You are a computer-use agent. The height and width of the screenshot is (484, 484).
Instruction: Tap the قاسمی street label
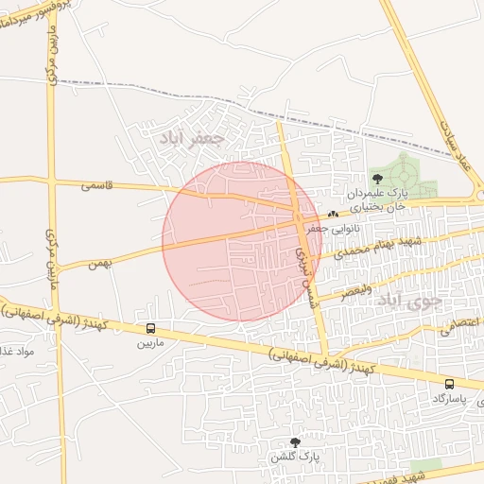click(97, 186)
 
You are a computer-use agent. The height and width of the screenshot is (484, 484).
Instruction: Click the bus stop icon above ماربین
click(151, 328)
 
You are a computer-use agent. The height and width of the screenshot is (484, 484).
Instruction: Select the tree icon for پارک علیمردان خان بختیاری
click(378, 177)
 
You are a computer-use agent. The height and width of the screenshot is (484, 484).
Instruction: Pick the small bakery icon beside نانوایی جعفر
click(333, 214)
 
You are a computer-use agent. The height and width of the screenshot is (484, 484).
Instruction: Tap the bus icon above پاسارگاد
click(449, 384)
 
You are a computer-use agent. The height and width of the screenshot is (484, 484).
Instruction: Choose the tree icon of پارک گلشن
click(295, 442)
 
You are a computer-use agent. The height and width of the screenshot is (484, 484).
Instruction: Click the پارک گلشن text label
click(291, 458)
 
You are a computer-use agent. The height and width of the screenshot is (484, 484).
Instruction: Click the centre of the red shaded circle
click(242, 242)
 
